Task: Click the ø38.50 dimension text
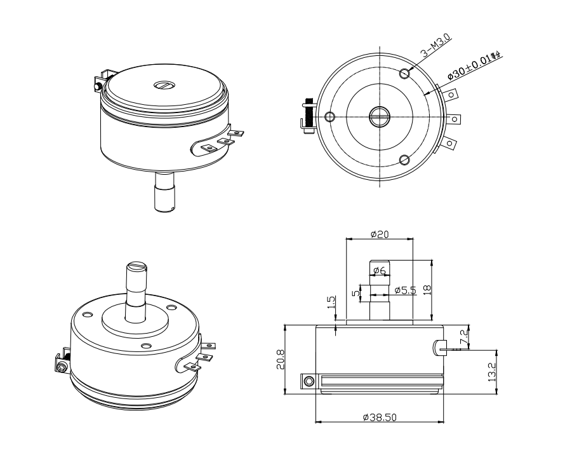pos(380,417)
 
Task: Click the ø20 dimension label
pos(380,234)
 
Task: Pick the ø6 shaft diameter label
pos(380,271)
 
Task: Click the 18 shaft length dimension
pos(427,290)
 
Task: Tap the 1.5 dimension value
pos(331,301)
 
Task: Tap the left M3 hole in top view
pos(329,117)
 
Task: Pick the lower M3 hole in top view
pos(404,159)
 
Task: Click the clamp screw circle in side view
pos(309,381)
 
